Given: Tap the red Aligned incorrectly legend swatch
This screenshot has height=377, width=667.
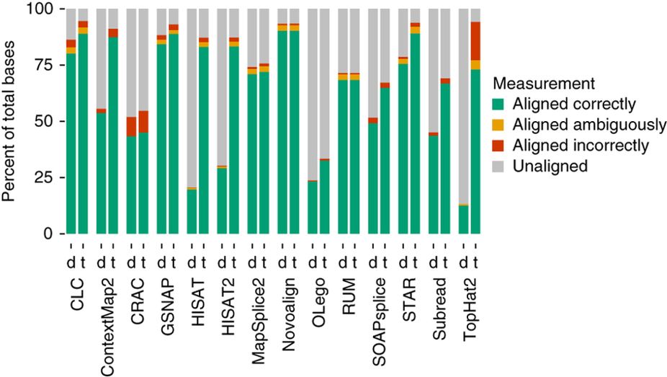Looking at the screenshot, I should pos(503,146).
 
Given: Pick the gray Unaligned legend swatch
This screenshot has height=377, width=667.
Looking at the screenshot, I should pos(503,166).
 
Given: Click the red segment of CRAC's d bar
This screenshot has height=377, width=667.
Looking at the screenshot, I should pos(131,127).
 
